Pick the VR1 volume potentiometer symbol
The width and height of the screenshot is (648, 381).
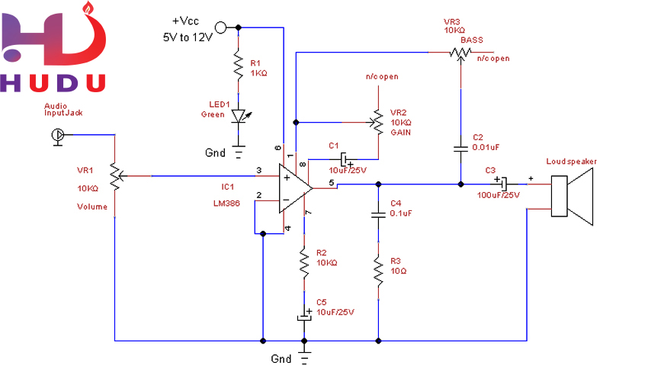[114, 176]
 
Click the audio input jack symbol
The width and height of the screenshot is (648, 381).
[57, 135]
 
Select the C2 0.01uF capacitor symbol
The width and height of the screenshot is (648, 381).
[460, 146]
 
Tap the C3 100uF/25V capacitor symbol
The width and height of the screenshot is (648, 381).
[503, 183]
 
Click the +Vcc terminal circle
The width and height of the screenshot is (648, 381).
[222, 28]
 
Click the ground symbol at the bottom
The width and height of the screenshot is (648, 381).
[304, 358]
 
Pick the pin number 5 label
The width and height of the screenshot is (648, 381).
[331, 183]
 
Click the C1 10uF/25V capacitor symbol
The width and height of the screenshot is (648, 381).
[345, 159]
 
